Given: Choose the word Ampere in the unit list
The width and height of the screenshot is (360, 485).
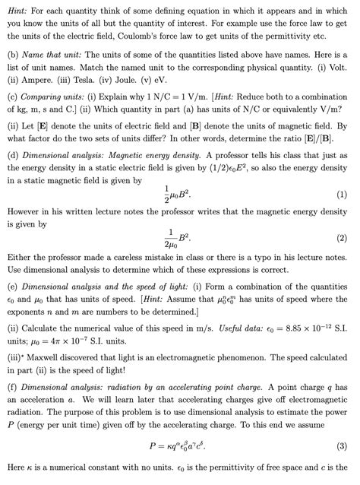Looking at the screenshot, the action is point(36,77).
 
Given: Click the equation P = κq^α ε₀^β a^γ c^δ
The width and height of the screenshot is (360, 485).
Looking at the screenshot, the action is point(181,445).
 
